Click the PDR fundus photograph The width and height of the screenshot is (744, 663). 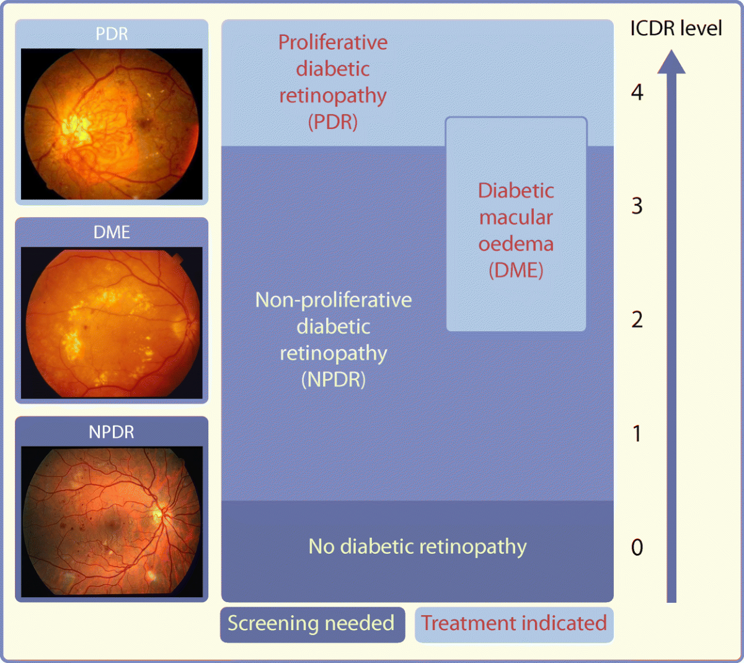[112, 124]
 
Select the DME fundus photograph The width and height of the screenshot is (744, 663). [112, 323]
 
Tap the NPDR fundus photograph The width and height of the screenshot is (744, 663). [112, 522]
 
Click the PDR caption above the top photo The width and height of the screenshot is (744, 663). [112, 33]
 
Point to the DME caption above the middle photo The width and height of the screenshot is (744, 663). [112, 232]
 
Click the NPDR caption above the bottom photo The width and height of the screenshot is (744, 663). [112, 432]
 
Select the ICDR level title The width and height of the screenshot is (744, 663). [676, 29]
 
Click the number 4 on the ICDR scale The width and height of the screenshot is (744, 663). [637, 93]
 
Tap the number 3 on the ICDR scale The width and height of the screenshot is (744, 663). [637, 206]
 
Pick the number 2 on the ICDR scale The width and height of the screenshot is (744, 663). [637, 320]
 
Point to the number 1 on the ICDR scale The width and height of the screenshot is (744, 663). [637, 434]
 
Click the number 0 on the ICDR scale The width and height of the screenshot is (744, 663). [637, 547]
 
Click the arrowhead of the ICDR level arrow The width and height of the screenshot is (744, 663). [671, 63]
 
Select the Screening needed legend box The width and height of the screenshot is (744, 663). [312, 623]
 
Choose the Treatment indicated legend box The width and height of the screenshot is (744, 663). [514, 623]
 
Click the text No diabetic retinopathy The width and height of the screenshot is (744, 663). [417, 546]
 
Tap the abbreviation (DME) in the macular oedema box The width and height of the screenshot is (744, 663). [516, 270]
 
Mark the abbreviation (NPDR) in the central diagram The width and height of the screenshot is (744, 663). [334, 380]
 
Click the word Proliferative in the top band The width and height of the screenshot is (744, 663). [333, 42]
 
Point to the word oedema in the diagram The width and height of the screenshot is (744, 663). [516, 244]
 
